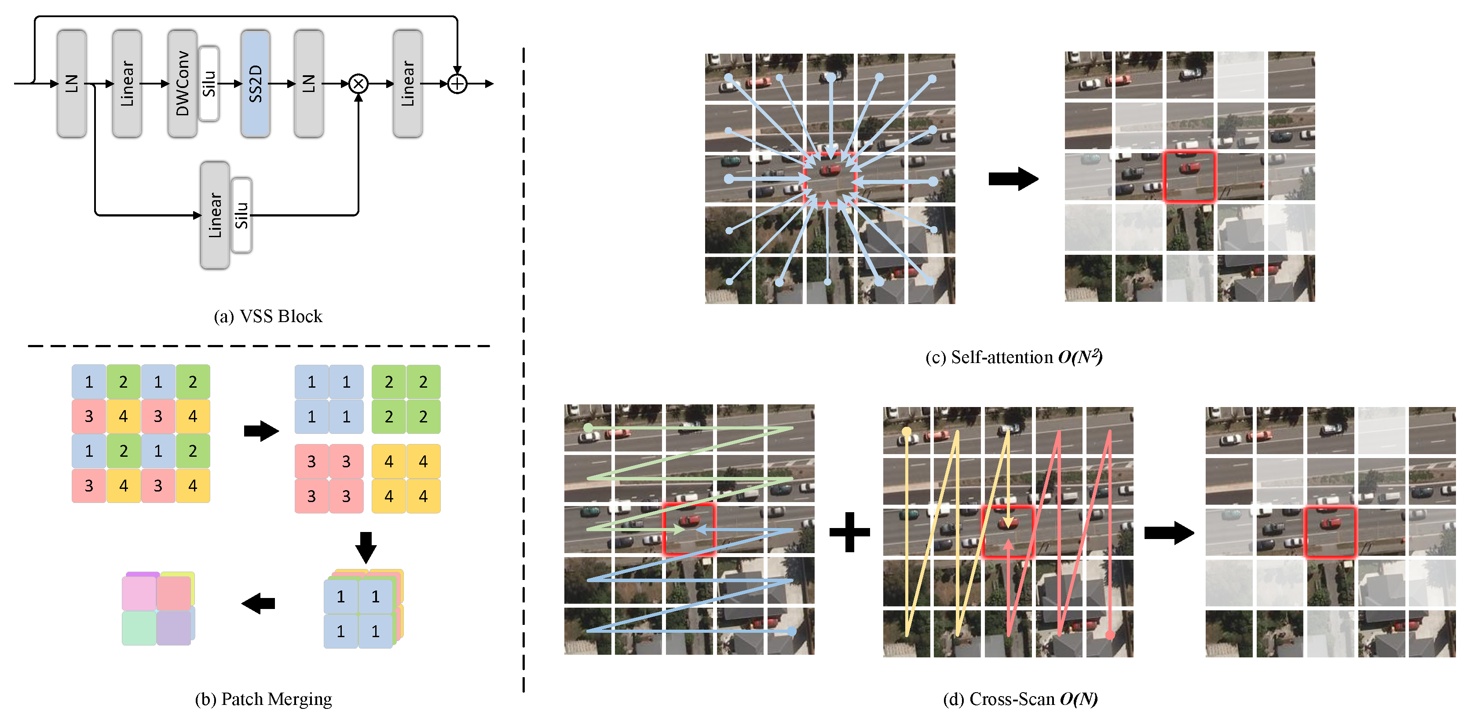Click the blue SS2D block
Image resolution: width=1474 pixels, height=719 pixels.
click(255, 84)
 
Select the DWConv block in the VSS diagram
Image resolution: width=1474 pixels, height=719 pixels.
click(182, 84)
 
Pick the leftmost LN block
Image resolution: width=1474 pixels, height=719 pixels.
click(72, 84)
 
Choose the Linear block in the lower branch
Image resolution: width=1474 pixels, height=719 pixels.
click(215, 215)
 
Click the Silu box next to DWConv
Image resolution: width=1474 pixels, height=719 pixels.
click(209, 84)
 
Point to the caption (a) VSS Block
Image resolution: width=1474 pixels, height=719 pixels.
click(268, 316)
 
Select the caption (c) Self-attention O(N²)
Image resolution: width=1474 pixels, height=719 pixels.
click(1013, 357)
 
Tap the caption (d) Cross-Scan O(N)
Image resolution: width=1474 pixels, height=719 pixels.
click(1020, 699)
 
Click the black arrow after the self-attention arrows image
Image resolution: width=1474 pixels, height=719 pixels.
click(1013, 179)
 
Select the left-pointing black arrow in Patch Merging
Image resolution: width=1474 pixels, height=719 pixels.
click(259, 603)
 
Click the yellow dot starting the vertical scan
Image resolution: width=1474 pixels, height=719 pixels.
click(907, 431)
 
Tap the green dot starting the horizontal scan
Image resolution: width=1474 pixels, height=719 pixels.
click(588, 428)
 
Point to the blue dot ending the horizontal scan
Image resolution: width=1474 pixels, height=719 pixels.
click(791, 631)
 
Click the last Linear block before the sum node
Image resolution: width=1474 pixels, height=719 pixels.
click(407, 84)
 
